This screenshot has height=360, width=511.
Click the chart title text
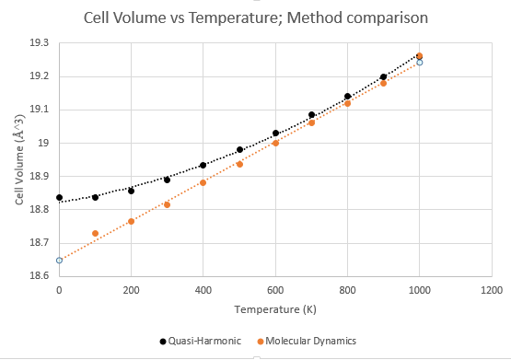point(256,17)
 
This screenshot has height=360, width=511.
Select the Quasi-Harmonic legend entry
point(201,341)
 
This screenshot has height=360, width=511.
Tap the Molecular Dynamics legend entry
point(307,341)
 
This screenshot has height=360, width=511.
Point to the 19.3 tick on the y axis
point(39,42)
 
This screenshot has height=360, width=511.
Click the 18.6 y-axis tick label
point(39,275)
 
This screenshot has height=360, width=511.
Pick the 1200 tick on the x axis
point(492,290)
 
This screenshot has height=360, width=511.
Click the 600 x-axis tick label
point(275,290)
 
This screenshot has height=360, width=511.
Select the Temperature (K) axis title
point(275,309)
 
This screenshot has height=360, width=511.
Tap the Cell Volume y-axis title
point(19,159)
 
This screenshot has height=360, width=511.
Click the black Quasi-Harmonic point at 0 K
point(59,197)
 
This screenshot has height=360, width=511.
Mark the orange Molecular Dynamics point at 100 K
point(95,233)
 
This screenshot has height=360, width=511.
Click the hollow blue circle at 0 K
point(59,261)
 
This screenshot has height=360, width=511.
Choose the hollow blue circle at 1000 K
point(420,63)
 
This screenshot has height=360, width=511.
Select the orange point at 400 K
point(203,183)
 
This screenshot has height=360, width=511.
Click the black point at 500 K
point(240,149)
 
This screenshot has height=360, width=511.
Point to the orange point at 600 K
point(275,143)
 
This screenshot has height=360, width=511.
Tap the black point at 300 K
point(168,180)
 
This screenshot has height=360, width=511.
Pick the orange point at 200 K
point(132,222)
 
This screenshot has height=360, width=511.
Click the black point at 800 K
point(348,96)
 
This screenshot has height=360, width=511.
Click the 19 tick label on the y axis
point(43,143)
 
